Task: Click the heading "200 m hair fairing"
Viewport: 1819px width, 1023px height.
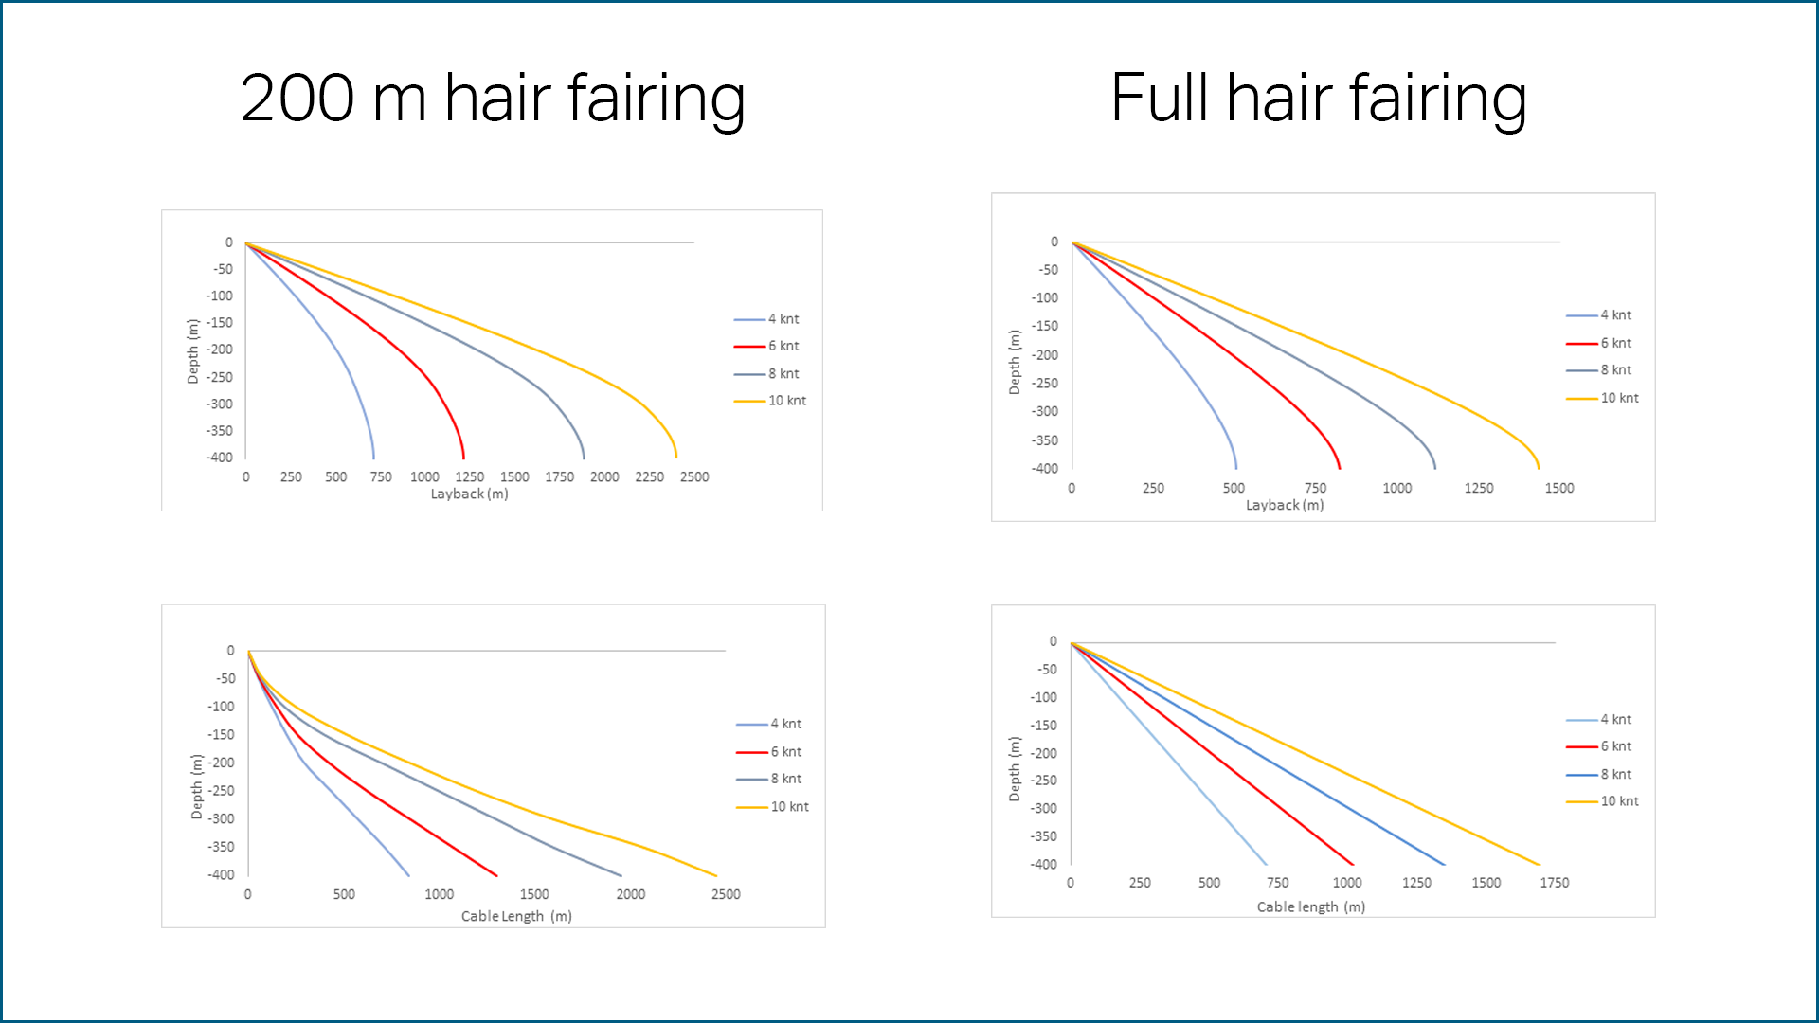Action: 493,99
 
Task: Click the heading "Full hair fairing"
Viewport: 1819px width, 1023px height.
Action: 1318,99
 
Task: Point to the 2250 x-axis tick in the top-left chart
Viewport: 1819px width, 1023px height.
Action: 649,476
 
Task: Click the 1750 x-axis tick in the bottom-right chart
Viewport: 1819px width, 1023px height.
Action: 1554,882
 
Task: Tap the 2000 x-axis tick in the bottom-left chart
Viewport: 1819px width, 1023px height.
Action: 630,894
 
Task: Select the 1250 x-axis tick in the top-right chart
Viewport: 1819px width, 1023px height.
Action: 1478,488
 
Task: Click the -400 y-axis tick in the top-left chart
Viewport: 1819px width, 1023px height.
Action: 220,458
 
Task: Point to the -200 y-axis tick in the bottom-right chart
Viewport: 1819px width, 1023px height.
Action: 1044,753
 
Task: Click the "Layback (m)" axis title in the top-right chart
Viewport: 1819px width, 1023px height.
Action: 1284,505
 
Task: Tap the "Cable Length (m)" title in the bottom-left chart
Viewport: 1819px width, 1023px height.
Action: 516,916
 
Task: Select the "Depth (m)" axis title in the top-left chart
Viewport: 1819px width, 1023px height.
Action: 193,350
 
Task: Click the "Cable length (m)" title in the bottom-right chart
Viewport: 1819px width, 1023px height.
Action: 1310,906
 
